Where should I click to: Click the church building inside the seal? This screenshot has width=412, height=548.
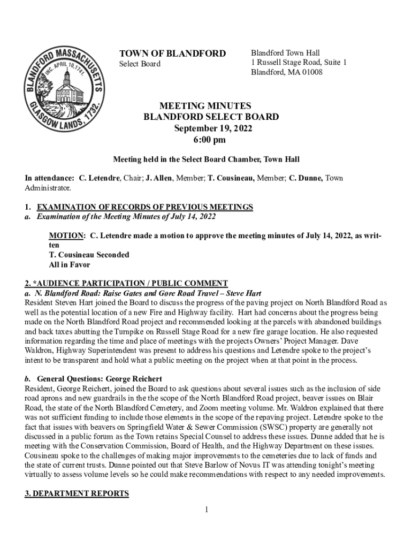click(68, 88)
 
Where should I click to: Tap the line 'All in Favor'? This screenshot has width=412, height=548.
click(70, 264)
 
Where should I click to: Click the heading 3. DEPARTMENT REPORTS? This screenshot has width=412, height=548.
click(77, 493)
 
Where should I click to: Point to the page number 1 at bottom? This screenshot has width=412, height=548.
click(206, 509)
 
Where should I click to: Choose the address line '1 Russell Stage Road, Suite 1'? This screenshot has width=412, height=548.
click(299, 63)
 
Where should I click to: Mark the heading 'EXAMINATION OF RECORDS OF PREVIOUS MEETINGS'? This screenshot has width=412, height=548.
click(144, 207)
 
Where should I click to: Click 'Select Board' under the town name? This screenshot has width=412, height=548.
click(139, 64)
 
